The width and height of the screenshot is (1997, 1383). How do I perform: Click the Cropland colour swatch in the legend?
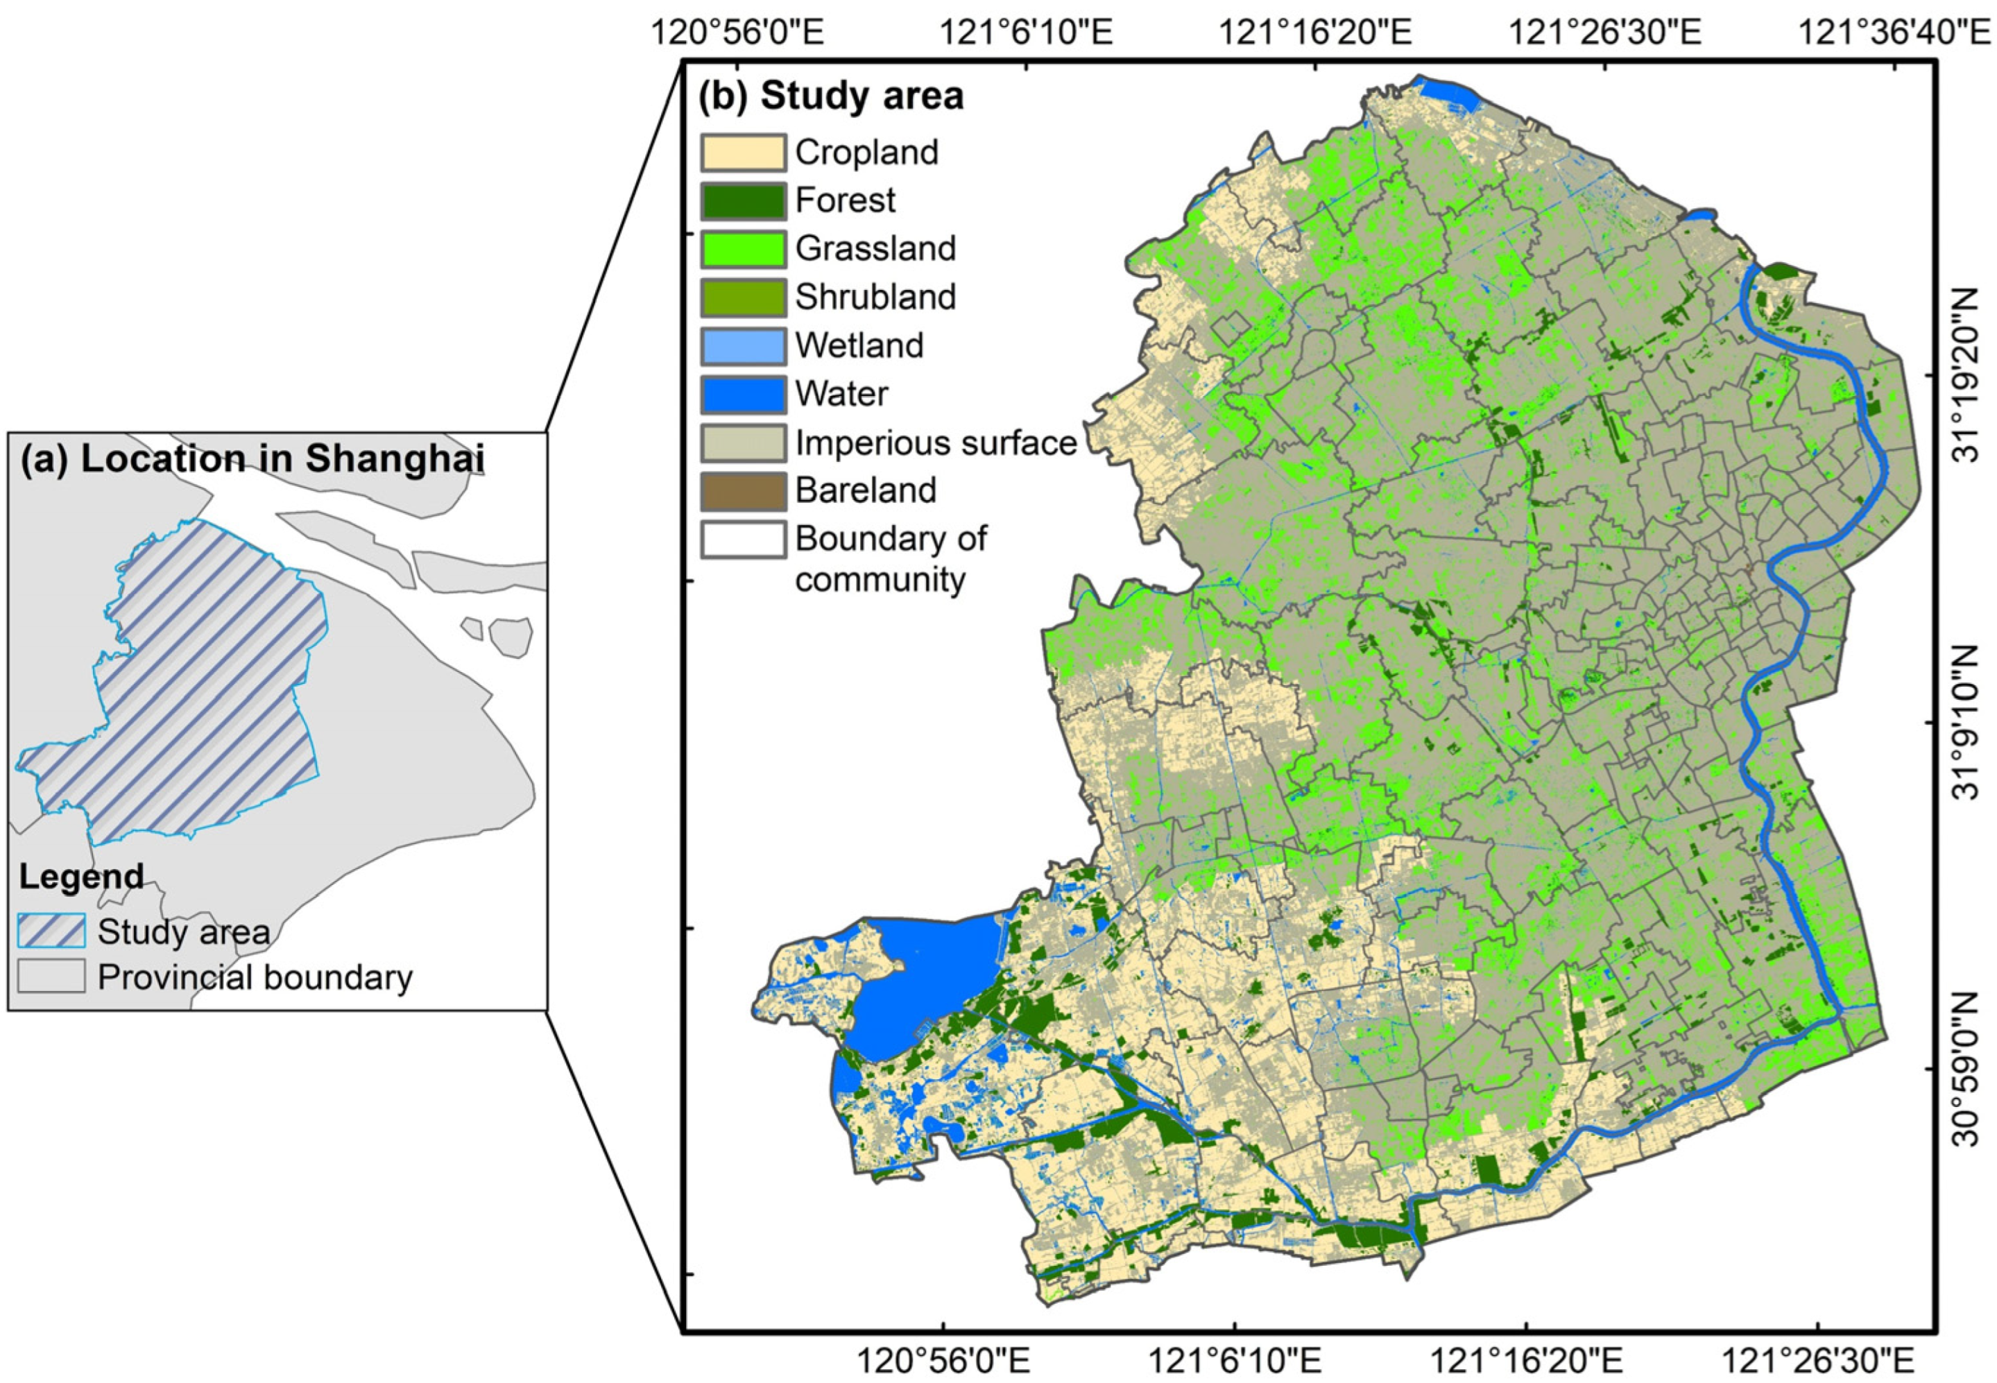tap(742, 153)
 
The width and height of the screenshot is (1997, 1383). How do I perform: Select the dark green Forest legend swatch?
tap(742, 201)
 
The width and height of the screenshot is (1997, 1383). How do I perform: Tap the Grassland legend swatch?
tap(742, 250)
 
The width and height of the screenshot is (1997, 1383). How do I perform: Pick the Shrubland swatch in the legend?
tap(742, 298)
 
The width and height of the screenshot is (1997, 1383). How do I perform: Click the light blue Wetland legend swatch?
tap(742, 345)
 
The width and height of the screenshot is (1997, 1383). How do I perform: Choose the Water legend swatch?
tap(742, 394)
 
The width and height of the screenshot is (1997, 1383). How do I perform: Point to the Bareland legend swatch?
tap(742, 490)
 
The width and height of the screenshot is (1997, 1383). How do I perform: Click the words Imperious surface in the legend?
tap(936, 443)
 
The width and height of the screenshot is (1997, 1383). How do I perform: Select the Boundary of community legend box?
tap(742, 539)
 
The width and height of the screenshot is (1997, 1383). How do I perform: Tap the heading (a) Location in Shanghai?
tap(252, 460)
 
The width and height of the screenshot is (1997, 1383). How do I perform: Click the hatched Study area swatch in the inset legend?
tap(51, 931)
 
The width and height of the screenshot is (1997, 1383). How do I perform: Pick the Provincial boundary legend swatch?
tap(51, 977)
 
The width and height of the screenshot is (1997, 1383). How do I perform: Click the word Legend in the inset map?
tap(81, 877)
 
